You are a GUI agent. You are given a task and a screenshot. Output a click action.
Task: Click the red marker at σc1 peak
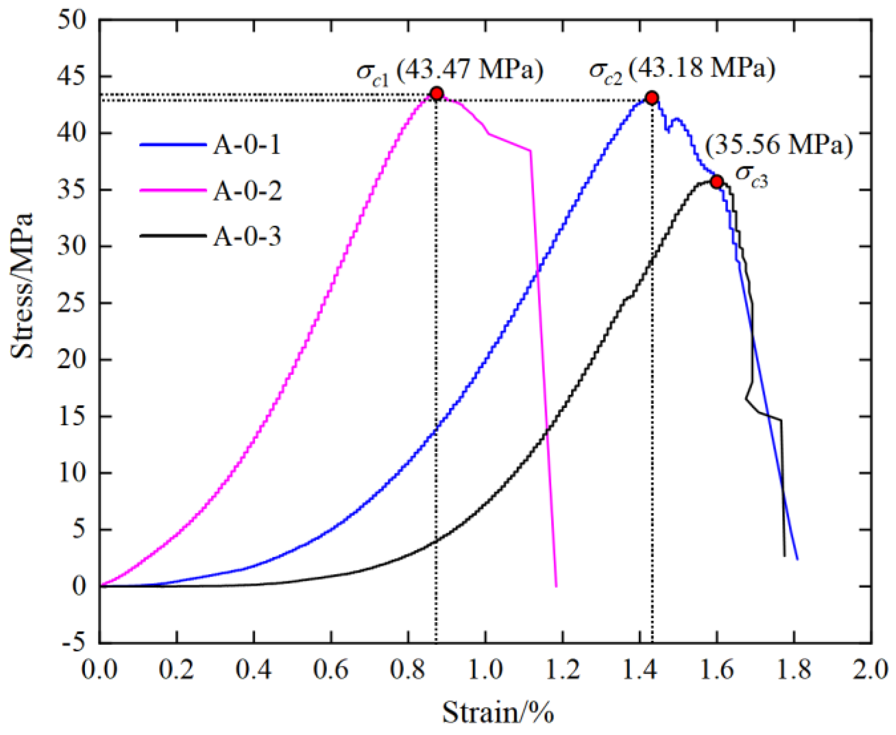click(x=436, y=94)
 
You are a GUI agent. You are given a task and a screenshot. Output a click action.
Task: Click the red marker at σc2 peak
click(x=651, y=98)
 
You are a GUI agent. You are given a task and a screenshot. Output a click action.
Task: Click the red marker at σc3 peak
click(x=717, y=181)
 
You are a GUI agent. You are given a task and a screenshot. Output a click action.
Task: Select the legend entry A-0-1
click(x=247, y=145)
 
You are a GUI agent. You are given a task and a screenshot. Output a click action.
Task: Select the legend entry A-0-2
click(x=247, y=191)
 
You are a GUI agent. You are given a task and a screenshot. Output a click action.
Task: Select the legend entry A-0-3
click(x=247, y=236)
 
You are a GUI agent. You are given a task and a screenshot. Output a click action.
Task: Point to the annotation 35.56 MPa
click(x=778, y=145)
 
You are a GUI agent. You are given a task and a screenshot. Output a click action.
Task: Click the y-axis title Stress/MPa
click(x=22, y=285)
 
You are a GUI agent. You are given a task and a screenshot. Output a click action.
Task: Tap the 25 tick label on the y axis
click(x=72, y=303)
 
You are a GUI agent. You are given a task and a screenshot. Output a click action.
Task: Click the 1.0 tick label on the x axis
click(x=485, y=670)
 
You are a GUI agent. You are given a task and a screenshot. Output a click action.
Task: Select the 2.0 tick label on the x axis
click(x=870, y=670)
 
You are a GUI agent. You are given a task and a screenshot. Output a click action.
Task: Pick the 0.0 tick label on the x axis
click(x=100, y=670)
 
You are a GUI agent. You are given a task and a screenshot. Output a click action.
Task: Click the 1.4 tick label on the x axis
click(x=639, y=670)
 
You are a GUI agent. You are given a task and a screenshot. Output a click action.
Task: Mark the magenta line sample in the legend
click(x=173, y=190)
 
